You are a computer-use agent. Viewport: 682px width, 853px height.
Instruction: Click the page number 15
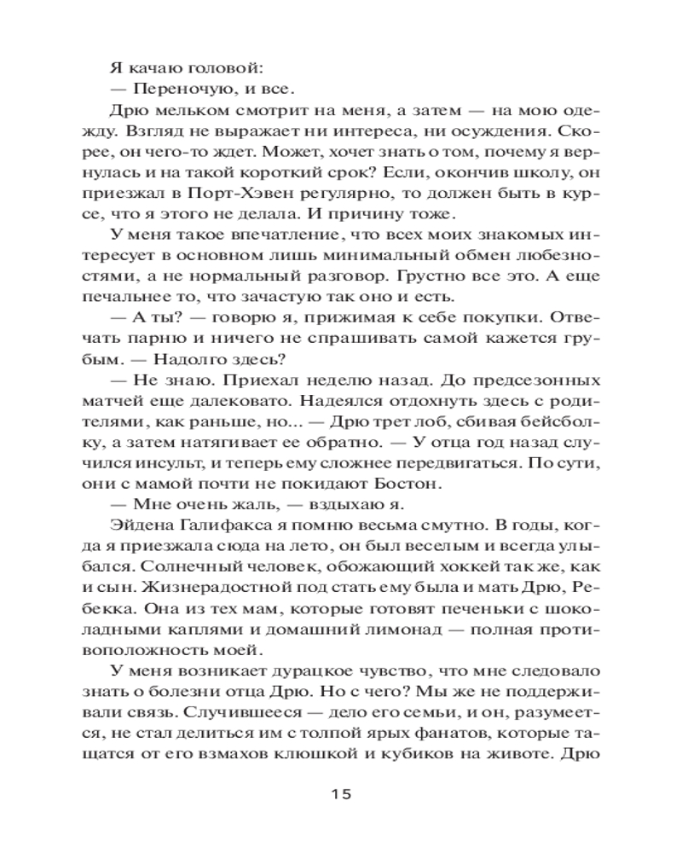tap(341, 792)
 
